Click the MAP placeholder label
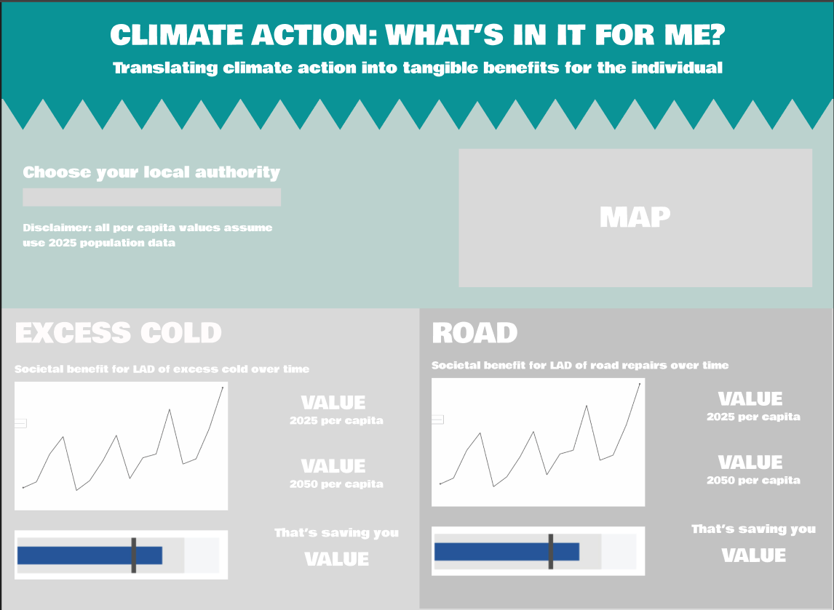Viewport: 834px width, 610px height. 635,217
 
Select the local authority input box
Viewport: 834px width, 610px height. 151,197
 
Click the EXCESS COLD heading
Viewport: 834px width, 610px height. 118,333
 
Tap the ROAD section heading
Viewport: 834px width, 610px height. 474,333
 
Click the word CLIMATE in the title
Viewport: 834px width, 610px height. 176,35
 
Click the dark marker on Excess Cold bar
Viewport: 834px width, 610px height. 133,555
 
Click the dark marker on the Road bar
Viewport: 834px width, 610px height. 550,552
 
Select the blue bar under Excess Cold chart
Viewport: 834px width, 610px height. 90,555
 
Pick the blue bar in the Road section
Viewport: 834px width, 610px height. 507,552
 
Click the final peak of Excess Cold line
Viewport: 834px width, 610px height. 223,388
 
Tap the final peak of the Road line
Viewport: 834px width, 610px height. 640,384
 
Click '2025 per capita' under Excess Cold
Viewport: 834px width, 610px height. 336,420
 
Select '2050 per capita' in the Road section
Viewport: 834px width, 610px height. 753,481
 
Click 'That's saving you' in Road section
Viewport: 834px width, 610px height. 753,529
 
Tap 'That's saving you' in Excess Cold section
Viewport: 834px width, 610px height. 336,532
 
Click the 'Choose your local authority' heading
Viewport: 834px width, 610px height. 151,172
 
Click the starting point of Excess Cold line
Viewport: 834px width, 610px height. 23,487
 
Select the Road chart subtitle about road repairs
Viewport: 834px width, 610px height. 580,365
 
